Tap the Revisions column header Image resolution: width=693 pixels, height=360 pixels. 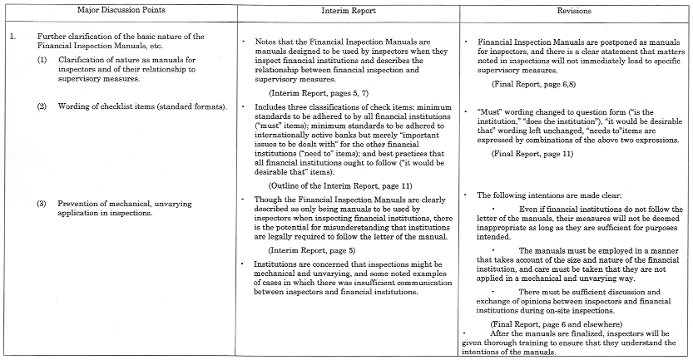click(x=573, y=12)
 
